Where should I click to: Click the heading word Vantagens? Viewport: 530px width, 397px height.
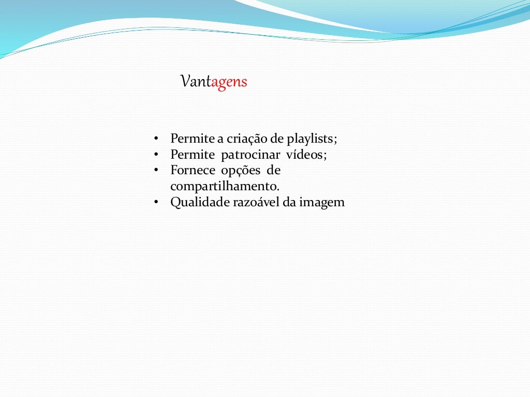(214, 82)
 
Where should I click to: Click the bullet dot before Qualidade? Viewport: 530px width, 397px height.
(155, 203)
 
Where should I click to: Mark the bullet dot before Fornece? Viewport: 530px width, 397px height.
(155, 171)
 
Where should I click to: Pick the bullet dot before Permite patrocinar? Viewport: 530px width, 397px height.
(155, 155)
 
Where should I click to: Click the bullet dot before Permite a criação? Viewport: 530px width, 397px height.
(155, 139)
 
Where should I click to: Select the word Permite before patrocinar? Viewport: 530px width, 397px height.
(190, 155)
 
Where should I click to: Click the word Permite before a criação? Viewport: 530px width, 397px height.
(190, 139)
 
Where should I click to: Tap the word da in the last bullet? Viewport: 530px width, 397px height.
(289, 203)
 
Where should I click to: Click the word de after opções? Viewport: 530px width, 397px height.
(273, 171)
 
